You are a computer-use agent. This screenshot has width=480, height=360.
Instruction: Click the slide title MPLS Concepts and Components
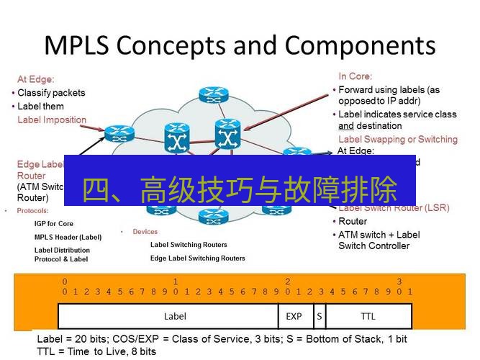click(x=240, y=45)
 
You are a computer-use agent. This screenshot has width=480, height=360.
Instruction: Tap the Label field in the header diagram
click(x=175, y=316)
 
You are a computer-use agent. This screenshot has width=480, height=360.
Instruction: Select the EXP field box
click(x=294, y=316)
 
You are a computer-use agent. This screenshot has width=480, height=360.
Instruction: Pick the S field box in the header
click(x=319, y=316)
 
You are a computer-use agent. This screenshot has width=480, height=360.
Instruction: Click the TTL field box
click(x=368, y=316)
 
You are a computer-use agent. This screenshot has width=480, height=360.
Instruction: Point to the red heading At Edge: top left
click(x=36, y=79)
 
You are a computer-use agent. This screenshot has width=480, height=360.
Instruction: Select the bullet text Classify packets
click(x=50, y=93)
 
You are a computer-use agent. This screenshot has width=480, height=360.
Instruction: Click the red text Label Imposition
click(x=52, y=120)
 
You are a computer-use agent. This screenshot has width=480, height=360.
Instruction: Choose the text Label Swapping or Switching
click(x=397, y=139)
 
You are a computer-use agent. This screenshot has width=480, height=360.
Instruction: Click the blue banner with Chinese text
click(x=240, y=190)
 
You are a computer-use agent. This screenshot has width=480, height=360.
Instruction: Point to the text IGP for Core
click(x=54, y=224)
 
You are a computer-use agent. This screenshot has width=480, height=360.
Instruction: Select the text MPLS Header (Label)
click(x=68, y=237)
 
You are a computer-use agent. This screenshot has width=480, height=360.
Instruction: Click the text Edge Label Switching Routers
click(x=197, y=258)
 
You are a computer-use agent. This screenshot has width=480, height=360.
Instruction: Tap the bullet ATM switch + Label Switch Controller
click(x=379, y=240)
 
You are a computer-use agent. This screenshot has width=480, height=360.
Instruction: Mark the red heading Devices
click(x=145, y=232)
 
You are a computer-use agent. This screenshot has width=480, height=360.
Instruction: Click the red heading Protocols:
click(x=33, y=211)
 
